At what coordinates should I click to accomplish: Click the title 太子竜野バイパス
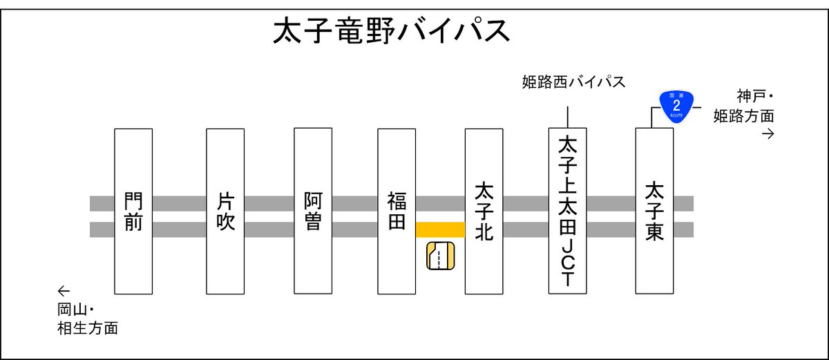coord(392,32)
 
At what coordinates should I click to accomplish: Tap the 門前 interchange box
coord(133,211)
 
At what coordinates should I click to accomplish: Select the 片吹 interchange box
coord(225,211)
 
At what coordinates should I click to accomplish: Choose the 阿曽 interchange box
coord(313,211)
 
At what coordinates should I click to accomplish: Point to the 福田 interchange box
coord(397,211)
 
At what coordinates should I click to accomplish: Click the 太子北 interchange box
coord(484,211)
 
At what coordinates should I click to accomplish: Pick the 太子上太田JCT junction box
coord(567,211)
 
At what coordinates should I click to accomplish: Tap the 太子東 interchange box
coord(654,211)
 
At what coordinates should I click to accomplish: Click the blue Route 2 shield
coord(676,106)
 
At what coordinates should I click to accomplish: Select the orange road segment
coord(440,229)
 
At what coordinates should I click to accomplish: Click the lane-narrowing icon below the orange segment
coord(439,256)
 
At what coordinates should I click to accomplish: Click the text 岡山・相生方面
coord(87,319)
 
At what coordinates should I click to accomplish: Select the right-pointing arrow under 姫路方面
coord(767,134)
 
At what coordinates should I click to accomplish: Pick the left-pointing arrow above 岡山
coord(64,290)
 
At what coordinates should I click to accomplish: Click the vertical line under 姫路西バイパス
coord(567,117)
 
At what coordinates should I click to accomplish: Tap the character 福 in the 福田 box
coord(397,201)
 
